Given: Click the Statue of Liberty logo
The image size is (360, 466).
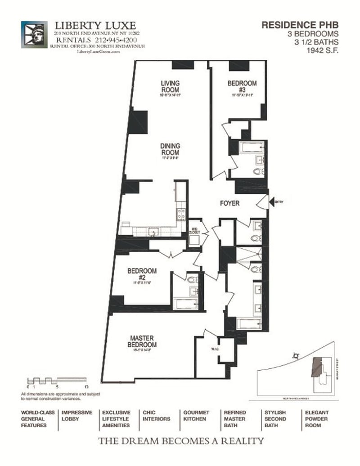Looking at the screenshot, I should [x=34, y=34].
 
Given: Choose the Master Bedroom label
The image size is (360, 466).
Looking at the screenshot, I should [x=143, y=341].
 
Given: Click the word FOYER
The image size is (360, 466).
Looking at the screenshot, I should [x=229, y=203].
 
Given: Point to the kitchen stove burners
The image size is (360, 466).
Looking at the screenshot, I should [x=181, y=213].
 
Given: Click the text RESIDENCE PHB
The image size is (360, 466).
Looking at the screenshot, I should [x=300, y=26].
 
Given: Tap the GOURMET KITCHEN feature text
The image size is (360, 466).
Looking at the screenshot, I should [x=196, y=415].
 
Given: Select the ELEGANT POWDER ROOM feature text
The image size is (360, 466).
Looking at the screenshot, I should [x=317, y=418].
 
